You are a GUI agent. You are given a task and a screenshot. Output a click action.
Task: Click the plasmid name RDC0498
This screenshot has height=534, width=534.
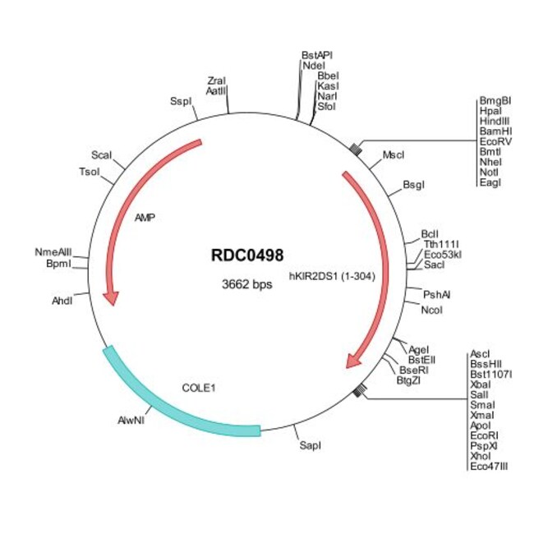click(247, 255)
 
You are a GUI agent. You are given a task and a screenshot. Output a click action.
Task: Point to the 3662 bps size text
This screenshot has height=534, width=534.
click(247, 283)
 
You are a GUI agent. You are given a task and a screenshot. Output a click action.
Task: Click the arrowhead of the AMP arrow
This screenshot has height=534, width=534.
click(112, 298)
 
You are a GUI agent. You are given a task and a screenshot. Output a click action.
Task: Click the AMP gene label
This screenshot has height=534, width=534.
click(145, 217)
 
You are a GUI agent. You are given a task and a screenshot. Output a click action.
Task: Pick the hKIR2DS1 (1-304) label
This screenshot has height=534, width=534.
click(332, 276)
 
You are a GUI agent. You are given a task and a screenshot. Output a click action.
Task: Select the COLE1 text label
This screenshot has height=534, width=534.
click(199, 388)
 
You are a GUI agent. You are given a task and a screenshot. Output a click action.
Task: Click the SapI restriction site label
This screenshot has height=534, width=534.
click(310, 445)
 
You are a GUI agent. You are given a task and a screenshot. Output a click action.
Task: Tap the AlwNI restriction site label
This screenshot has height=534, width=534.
click(131, 421)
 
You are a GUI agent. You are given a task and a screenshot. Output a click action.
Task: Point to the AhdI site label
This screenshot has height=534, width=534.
click(62, 301)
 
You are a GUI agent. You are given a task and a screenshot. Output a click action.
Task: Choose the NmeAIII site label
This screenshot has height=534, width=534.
click(53, 252)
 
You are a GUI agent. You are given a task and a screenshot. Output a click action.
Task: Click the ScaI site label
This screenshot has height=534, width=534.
click(101, 155)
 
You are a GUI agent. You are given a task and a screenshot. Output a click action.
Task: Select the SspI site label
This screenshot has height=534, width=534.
click(181, 101)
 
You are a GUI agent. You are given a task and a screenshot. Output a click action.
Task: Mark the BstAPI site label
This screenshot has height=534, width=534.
click(317, 55)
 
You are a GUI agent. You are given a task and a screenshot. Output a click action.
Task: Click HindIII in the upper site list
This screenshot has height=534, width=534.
click(495, 121)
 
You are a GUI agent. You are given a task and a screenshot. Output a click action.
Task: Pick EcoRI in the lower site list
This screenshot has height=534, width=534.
click(484, 435)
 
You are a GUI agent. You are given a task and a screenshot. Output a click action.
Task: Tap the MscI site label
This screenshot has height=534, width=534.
click(394, 155)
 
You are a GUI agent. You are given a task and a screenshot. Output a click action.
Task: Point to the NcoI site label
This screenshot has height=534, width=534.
click(431, 310)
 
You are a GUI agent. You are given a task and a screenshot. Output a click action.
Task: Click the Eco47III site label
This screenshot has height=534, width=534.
click(489, 467)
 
